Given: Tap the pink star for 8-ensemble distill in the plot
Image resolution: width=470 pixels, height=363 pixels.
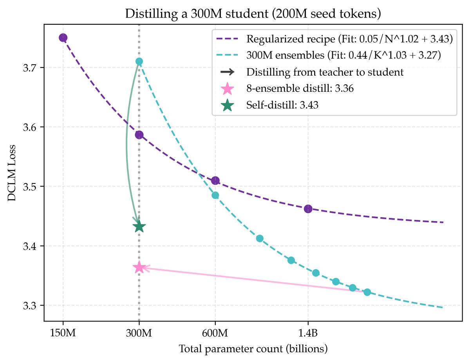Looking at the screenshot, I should (139, 268).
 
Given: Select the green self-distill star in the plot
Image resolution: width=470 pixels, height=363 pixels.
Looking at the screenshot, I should (139, 227).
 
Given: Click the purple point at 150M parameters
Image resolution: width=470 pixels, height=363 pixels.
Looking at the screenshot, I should (63, 38).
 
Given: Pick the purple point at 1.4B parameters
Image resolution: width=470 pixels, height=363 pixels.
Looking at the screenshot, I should (308, 209).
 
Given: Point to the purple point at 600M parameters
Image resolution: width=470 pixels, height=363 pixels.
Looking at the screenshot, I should (215, 181).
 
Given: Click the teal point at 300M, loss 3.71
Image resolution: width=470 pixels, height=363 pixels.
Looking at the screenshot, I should (139, 61).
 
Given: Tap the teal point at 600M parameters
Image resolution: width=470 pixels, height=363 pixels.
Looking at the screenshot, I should (215, 195).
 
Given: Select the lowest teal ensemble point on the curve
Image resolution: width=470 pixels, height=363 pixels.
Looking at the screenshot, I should (367, 292).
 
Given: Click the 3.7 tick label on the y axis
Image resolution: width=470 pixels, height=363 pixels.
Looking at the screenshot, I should (32, 68).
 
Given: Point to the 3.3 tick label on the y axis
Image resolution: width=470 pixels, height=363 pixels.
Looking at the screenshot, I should (32, 305).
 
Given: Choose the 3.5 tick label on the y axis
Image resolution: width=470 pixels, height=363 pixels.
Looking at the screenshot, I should (32, 187).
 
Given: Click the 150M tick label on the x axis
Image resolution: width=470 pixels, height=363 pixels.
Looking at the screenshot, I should (63, 333).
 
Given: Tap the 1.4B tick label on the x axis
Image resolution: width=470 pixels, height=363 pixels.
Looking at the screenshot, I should (308, 333).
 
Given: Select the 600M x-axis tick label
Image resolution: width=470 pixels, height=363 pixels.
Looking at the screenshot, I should (215, 333).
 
